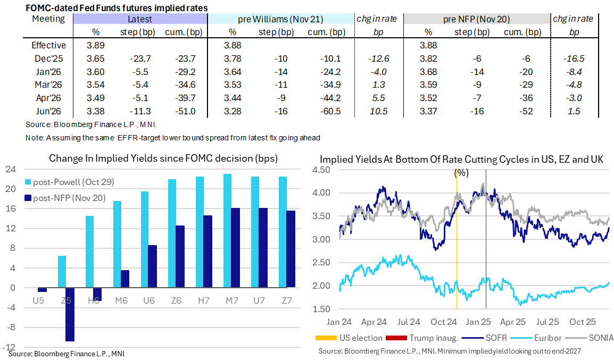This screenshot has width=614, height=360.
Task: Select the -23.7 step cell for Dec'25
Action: point(139,58)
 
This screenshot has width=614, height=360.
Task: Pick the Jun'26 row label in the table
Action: point(49,111)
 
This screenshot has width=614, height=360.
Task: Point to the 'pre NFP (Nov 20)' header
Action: point(477,19)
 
